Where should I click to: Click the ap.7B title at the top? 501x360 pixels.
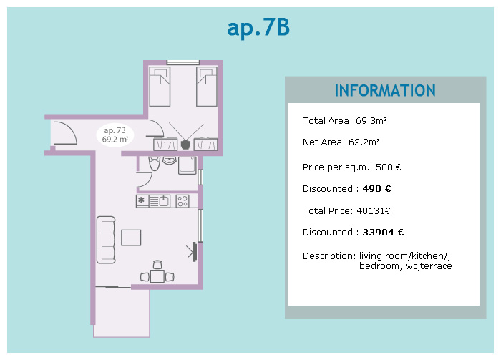click(x=258, y=28)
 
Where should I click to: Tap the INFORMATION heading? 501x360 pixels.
click(x=385, y=91)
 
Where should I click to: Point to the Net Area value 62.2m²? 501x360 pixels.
click(x=364, y=142)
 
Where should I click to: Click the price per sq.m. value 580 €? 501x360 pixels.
click(x=388, y=167)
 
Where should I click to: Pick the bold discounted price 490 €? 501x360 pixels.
click(x=376, y=188)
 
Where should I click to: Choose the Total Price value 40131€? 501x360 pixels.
click(x=374, y=211)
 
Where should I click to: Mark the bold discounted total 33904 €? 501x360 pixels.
click(x=383, y=232)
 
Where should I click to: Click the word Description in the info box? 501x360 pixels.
click(x=329, y=256)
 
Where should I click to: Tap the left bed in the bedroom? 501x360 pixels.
click(x=160, y=87)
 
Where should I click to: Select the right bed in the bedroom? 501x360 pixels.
click(x=207, y=87)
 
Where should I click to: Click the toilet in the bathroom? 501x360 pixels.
click(x=154, y=163)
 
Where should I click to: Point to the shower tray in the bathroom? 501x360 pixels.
click(x=188, y=165)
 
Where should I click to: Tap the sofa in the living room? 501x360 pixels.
click(x=106, y=240)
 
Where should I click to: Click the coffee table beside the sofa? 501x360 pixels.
click(x=131, y=238)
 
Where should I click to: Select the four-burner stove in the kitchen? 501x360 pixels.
click(x=183, y=201)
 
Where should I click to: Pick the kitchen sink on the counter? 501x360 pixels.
click(x=164, y=201)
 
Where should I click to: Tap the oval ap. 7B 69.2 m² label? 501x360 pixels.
click(x=115, y=135)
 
